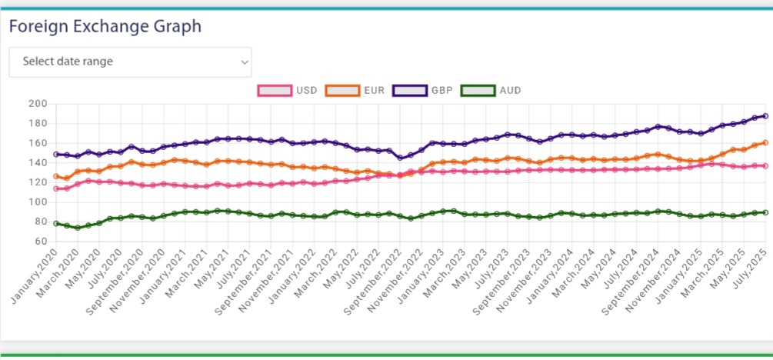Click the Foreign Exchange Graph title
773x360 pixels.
click(105, 26)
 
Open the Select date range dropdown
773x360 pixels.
click(130, 62)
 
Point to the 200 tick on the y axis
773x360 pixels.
click(38, 104)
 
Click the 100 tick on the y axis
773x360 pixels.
click(38, 202)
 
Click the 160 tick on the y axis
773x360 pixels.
click(38, 143)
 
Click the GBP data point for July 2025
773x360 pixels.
click(765, 116)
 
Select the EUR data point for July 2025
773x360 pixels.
click(765, 142)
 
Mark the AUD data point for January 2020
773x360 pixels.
click(56, 223)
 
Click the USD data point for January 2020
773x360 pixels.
click(56, 188)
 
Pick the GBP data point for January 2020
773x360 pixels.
click(56, 155)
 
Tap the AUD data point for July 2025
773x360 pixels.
click(765, 212)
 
